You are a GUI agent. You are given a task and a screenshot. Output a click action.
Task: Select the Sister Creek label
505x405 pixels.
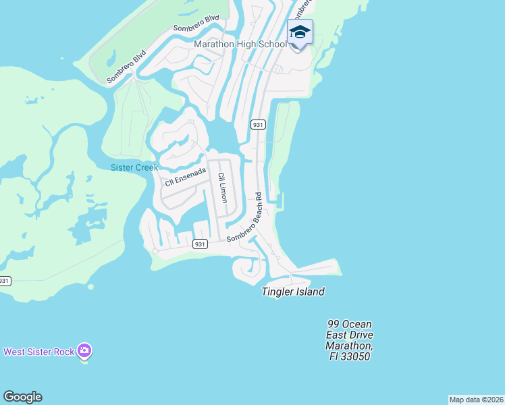pyautogui.click(x=134, y=167)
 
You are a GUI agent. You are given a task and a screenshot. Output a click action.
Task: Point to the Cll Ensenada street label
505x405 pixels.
pyautogui.click(x=185, y=178)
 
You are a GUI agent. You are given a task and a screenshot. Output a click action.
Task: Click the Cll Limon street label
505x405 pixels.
pyautogui.click(x=221, y=188)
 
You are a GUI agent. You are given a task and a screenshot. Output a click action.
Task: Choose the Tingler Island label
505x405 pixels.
pyautogui.click(x=293, y=292)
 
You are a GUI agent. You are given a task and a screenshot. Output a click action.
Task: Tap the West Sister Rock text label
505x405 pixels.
pyautogui.click(x=39, y=352)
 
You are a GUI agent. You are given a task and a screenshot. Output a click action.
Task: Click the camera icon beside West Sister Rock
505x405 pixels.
pyautogui.click(x=84, y=351)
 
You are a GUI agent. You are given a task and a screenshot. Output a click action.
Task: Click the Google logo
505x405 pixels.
pyautogui.click(x=22, y=397)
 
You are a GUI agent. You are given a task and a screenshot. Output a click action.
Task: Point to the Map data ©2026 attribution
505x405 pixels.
pyautogui.click(x=476, y=399)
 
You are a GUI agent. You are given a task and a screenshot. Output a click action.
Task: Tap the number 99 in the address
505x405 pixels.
pyautogui.click(x=334, y=325)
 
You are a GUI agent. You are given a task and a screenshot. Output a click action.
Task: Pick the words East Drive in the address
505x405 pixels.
pyautogui.click(x=348, y=335)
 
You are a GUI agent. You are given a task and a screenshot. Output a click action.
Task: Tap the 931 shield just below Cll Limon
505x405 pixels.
pyautogui.click(x=199, y=244)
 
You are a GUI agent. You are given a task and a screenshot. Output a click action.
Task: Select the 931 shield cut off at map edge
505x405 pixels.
pyautogui.click(x=5, y=280)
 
